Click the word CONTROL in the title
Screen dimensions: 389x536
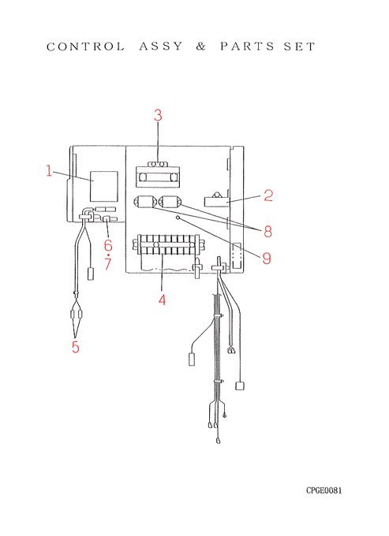pyautogui.click(x=85, y=47)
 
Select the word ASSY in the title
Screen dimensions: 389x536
pyautogui.click(x=161, y=47)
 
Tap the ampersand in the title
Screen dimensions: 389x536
pyautogui.click(x=201, y=47)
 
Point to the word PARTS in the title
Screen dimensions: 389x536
pyautogui.click(x=247, y=47)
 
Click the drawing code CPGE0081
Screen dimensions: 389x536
pyautogui.click(x=324, y=490)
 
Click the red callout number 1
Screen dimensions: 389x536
pyautogui.click(x=49, y=170)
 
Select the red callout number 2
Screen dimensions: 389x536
pyautogui.click(x=268, y=195)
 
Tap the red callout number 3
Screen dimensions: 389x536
pyautogui.click(x=158, y=115)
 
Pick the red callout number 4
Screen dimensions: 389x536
pyautogui.click(x=162, y=300)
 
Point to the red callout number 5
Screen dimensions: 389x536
pyautogui.click(x=76, y=347)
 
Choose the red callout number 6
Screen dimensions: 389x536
pyautogui.click(x=108, y=245)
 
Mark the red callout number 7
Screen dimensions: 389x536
pyautogui.click(x=108, y=263)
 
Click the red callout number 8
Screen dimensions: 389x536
pyautogui.click(x=267, y=232)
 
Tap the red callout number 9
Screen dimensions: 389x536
pyautogui.click(x=267, y=258)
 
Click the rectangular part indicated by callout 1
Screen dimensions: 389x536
pyautogui.click(x=104, y=186)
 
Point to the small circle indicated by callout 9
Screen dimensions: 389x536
pyautogui.click(x=178, y=218)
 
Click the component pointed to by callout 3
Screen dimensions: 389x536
pyautogui.click(x=158, y=175)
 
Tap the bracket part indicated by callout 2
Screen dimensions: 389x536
pyautogui.click(x=216, y=200)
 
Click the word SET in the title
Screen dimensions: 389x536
pyautogui.click(x=299, y=47)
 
